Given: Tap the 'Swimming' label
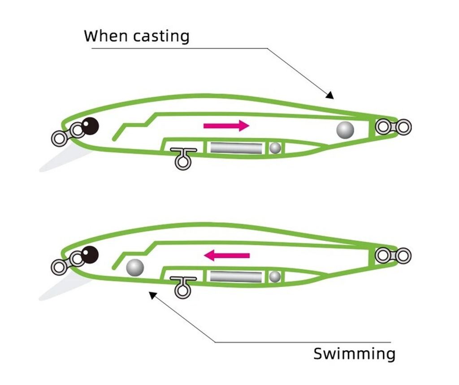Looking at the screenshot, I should click(x=354, y=354).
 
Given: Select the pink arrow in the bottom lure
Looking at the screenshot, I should click(x=227, y=255).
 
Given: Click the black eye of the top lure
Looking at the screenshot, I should click(x=90, y=126).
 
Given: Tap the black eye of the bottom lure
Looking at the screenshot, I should click(x=90, y=255).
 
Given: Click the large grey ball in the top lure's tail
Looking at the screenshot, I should click(x=345, y=130).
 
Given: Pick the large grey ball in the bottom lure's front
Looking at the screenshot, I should click(x=135, y=268).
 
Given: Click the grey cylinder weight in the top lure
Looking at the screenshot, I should click(x=236, y=147).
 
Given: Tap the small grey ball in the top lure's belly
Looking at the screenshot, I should click(x=275, y=147).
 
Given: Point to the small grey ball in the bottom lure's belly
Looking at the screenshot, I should click(x=275, y=277).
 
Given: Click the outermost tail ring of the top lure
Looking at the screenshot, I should click(x=404, y=127).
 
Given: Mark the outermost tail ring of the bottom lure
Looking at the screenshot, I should click(x=404, y=255).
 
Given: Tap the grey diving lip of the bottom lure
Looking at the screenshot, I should click(x=63, y=287).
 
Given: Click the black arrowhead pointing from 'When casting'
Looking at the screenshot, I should click(x=330, y=95).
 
